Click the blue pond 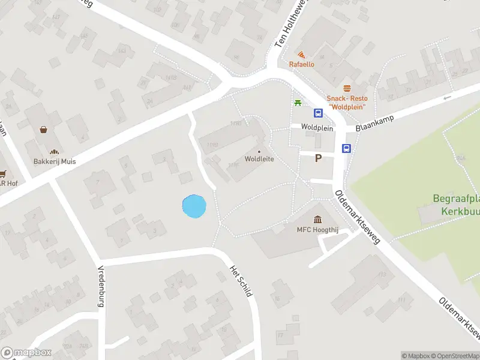[x=194, y=207]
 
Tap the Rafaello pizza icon [x=301, y=55]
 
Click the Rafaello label [x=301, y=64]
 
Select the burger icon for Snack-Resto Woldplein [x=347, y=89]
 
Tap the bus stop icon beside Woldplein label [x=318, y=113]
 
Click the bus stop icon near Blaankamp [x=346, y=148]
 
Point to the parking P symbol [x=319, y=158]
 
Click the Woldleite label [x=259, y=159]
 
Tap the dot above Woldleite [x=259, y=151]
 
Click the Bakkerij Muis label [x=55, y=161]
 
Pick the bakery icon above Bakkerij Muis [x=55, y=152]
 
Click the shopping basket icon [x=44, y=129]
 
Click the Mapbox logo [x=26, y=353]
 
